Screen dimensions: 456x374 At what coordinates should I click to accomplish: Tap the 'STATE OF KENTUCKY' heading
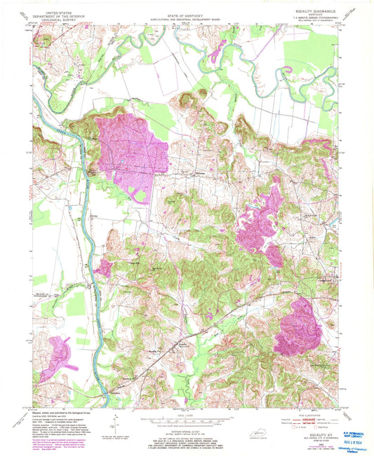pos(187,12)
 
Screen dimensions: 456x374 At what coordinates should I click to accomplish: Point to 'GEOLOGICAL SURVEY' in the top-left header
pos(58,19)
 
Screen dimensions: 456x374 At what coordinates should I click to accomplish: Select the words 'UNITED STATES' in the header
pos(58,12)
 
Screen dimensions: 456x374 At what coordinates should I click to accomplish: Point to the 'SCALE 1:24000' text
pos(187,412)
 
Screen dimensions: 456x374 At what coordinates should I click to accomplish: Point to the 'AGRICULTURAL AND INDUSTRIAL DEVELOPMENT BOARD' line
pos(187,16)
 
